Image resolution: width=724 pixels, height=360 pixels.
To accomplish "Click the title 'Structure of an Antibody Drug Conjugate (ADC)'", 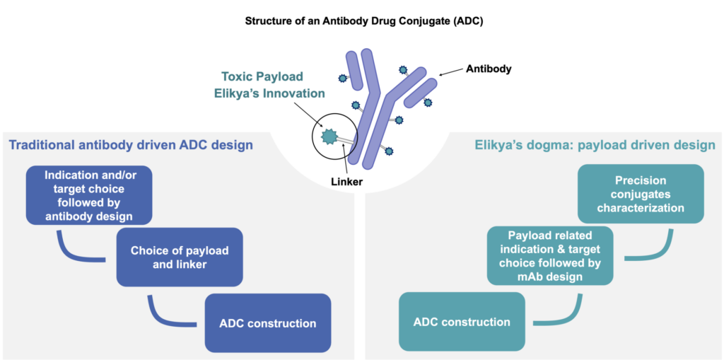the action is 363,21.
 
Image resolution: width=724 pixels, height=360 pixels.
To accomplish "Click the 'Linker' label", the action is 346,182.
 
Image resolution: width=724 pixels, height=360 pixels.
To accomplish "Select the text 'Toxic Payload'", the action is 255,76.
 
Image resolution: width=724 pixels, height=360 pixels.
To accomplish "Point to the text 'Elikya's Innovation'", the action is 269,93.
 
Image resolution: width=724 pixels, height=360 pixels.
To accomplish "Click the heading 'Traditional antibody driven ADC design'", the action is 131,145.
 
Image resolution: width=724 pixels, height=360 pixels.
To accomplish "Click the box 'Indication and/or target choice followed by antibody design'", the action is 89,195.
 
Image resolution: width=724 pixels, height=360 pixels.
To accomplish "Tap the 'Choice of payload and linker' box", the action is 180,257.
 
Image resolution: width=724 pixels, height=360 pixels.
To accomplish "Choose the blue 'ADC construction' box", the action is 268,323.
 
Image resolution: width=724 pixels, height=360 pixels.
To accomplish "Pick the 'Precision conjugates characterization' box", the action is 641,194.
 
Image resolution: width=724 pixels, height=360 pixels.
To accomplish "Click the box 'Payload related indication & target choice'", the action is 550,256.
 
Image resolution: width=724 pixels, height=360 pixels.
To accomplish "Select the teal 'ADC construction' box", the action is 462,322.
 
